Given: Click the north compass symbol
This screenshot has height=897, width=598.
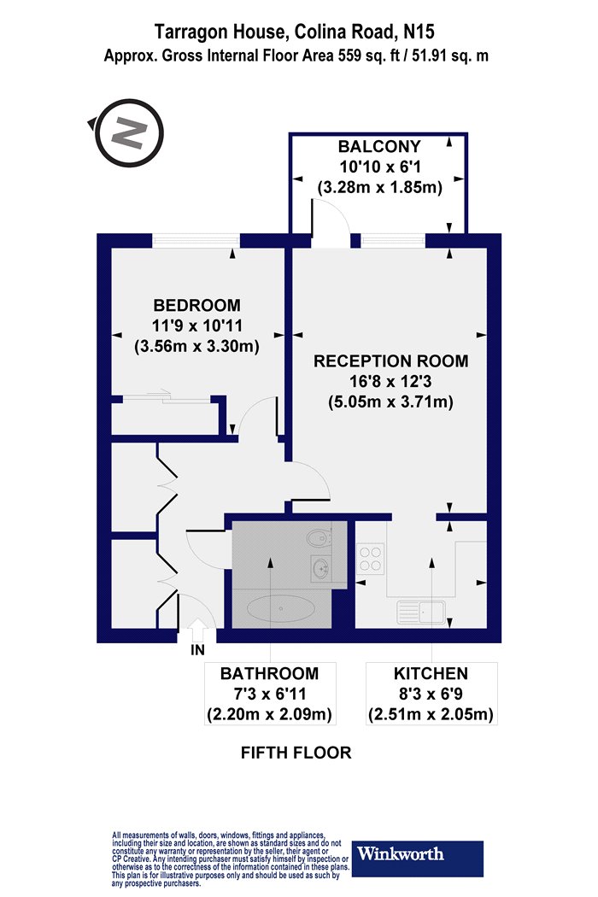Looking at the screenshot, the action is click(129, 132).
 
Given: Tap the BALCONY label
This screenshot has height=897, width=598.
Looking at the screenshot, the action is click(378, 146).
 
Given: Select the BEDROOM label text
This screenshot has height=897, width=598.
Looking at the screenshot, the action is click(196, 305).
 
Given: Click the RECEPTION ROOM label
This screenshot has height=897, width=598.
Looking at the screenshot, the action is click(391, 361).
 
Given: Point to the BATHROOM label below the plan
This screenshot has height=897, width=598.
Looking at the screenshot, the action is click(270, 673).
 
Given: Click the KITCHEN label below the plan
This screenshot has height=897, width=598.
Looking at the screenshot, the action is click(431, 673).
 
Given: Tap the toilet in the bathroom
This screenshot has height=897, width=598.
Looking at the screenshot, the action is click(320, 537).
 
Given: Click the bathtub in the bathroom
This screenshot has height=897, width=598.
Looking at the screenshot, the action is click(280, 608).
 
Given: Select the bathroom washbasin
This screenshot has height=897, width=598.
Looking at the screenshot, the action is click(320, 568).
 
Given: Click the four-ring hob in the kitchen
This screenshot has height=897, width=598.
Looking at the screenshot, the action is click(370, 559).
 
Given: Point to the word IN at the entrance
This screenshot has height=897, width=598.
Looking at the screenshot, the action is click(197, 650).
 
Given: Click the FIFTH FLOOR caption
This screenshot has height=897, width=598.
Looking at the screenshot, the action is click(296, 753).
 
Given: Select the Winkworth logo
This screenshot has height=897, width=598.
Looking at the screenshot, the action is click(417, 859).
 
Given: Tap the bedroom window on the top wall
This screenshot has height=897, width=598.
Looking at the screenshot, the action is click(196, 241).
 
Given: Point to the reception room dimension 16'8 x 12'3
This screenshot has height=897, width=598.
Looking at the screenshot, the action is click(391, 382).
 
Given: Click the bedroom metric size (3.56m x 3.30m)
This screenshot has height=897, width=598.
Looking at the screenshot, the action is click(196, 346).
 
